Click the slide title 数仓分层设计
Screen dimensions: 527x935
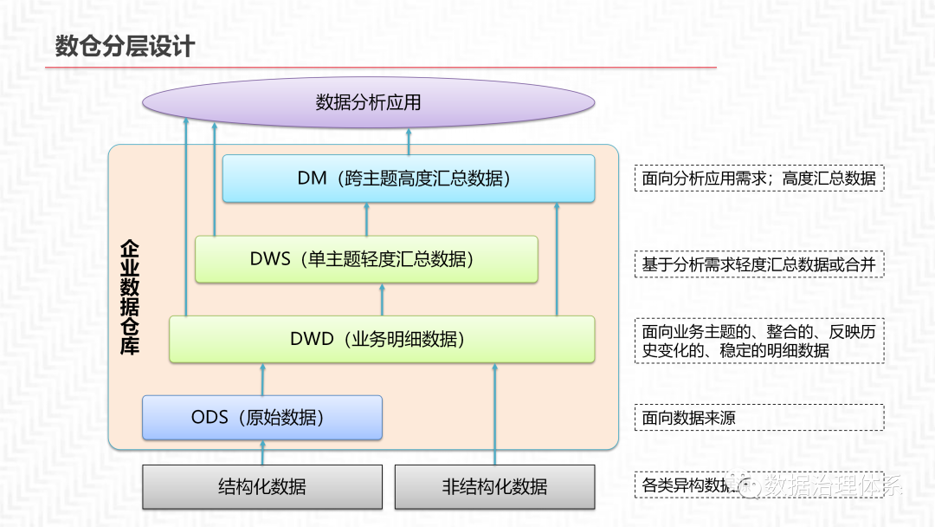click(x=125, y=45)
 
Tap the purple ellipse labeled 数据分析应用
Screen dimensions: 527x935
click(x=368, y=102)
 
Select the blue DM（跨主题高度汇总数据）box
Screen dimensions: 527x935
click(x=408, y=179)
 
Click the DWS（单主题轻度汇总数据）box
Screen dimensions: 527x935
click(x=366, y=259)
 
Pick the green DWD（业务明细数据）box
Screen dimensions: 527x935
click(x=382, y=339)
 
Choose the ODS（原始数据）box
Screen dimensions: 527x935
click(x=261, y=418)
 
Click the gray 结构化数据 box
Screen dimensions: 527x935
click(x=261, y=486)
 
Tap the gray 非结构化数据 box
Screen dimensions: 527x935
click(x=494, y=486)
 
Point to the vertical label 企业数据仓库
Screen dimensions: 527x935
click(x=130, y=298)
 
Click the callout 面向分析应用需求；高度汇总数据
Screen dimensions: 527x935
click(x=758, y=179)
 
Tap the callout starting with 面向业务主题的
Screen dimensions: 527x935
click(x=758, y=341)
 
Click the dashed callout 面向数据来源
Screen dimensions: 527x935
click(x=758, y=419)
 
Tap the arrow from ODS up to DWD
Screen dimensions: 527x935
click(x=262, y=380)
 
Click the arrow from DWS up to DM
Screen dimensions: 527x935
click(x=366, y=219)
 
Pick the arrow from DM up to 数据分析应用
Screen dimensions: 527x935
click(x=409, y=141)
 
